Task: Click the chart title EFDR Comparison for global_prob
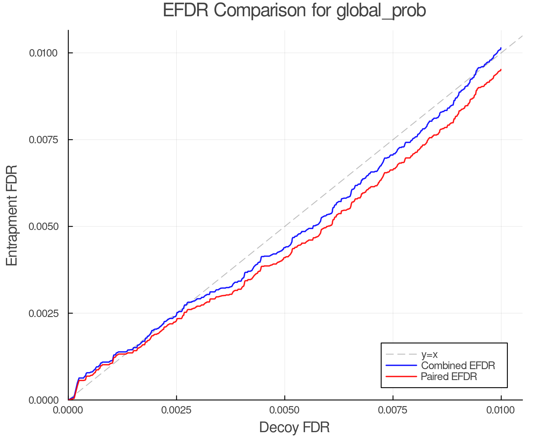tap(294, 11)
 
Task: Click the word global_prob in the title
tap(381, 11)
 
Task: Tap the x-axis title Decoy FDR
tap(294, 427)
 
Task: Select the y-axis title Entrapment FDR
tap(12, 215)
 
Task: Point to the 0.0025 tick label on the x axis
tap(176, 410)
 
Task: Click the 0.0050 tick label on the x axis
tap(285, 410)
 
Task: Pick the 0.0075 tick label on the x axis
tap(393, 410)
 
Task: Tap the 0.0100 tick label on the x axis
tap(501, 410)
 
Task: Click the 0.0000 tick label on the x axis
tap(68, 410)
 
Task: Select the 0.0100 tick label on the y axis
tap(43, 53)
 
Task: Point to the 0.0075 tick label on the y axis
tap(43, 140)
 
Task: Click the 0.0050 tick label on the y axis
tap(43, 226)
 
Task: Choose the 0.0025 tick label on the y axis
tap(43, 313)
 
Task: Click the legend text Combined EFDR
tap(458, 366)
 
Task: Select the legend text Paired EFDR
tap(449, 377)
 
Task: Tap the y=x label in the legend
tap(429, 354)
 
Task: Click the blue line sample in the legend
tap(401, 366)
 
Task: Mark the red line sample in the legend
tap(401, 377)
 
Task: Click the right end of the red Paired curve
tap(501, 70)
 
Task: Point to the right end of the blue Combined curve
tap(501, 48)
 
